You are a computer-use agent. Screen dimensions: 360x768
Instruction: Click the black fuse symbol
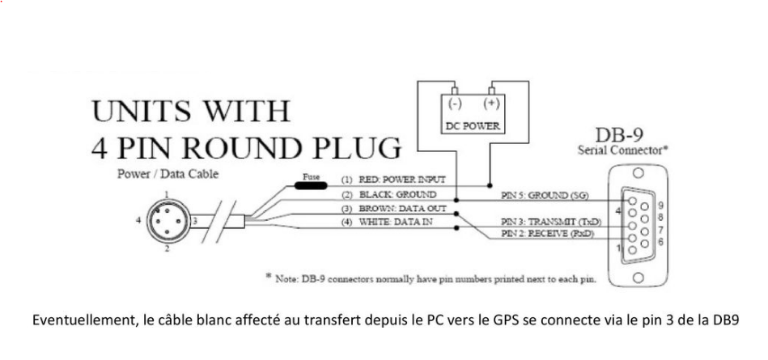(305, 184)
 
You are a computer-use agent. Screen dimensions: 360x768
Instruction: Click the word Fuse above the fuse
(312, 174)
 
